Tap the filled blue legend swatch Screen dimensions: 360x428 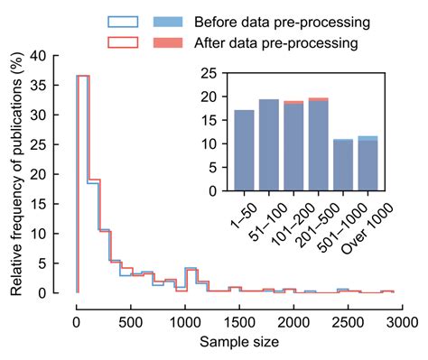pos(168,22)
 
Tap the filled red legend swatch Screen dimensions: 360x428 pos(168,42)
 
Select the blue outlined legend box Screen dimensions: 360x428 pos(122,22)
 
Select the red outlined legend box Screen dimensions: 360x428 pos(122,42)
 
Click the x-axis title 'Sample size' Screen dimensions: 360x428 pos(239,342)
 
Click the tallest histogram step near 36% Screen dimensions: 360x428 pos(83,76)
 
